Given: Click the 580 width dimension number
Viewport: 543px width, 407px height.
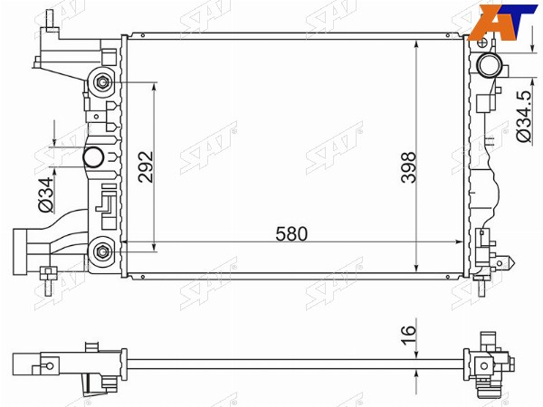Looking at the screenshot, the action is [291, 234].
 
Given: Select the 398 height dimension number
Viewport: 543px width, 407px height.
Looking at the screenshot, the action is [408, 167].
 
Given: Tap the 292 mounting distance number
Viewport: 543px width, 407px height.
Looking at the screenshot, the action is [146, 166].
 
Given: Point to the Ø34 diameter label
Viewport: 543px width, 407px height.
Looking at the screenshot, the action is [46, 194].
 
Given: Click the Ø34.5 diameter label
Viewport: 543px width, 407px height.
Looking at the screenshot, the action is [523, 117].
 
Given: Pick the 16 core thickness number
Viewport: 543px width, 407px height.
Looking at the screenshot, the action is [408, 335].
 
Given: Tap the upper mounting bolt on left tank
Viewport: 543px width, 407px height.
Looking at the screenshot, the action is [102, 82].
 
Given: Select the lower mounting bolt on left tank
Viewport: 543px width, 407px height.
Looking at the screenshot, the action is [102, 251].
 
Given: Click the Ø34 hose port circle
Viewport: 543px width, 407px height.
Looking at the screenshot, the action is [93, 157].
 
